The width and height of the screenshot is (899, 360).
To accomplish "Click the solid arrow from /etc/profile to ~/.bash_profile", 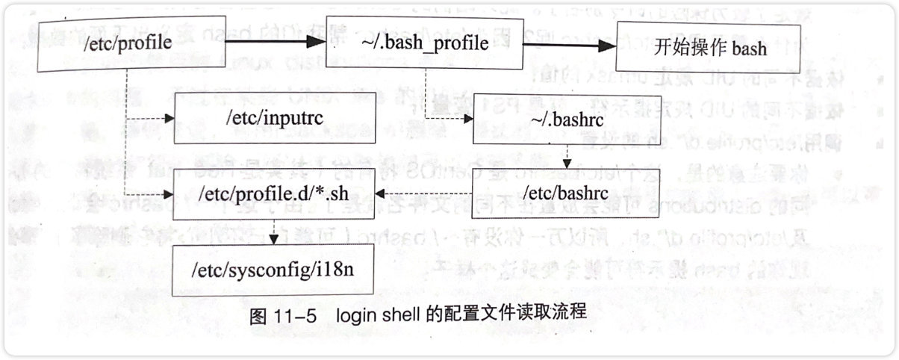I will click(x=270, y=42).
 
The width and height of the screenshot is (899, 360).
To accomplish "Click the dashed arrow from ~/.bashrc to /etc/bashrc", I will click(x=568, y=158).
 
